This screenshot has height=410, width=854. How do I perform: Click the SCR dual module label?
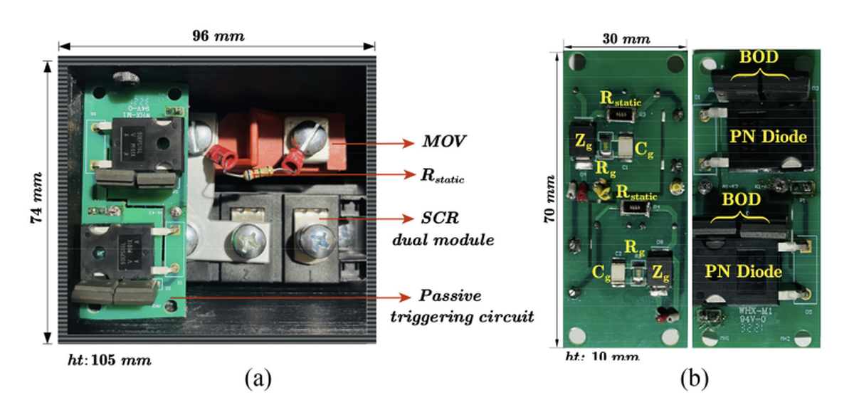pos(443,228)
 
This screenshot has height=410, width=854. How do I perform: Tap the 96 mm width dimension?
pos(216,36)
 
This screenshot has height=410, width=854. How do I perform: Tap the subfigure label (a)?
pos(256,379)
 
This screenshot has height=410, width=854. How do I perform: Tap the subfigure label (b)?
pos(695,379)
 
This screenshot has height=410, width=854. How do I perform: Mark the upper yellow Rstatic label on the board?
pos(621,100)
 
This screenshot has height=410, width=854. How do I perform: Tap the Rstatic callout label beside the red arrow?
pos(442,175)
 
